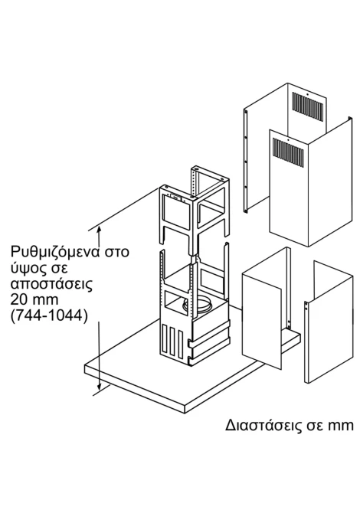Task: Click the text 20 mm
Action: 34,299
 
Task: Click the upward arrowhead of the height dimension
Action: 100,229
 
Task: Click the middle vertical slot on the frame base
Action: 172,344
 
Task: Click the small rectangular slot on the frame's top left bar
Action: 175,198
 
